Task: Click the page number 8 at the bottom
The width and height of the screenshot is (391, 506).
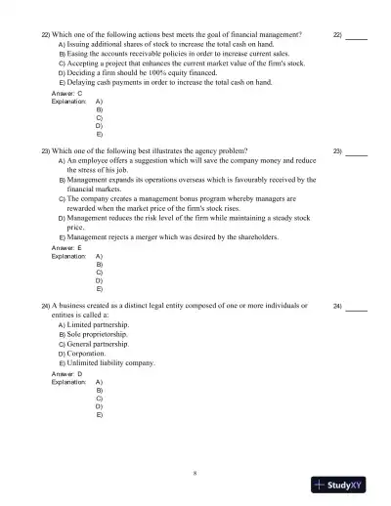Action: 195,473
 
